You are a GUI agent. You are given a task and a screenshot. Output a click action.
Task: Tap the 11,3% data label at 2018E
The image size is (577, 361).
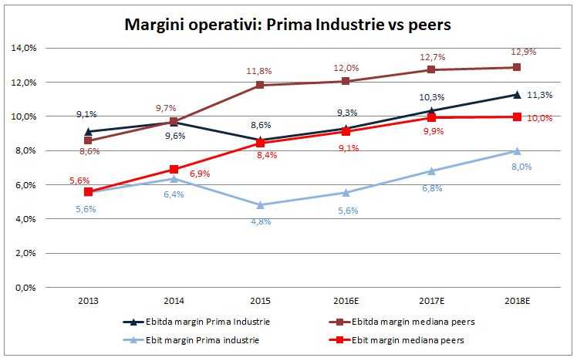point(538,96)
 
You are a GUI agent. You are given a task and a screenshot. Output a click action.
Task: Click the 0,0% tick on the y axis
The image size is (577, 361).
point(28,287)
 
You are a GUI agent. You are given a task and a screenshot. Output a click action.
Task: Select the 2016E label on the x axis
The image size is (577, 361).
point(346,301)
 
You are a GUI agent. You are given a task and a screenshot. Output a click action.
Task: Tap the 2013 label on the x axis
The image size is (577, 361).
point(89,301)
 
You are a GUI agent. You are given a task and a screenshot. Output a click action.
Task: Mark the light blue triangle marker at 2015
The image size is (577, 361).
point(260,205)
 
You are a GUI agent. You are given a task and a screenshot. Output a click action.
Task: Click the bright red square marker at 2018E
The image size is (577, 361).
point(517,116)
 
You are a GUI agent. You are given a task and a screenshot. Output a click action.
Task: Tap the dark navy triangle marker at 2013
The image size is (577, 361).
point(89,132)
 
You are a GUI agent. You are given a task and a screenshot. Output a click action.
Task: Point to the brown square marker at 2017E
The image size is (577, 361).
point(431,70)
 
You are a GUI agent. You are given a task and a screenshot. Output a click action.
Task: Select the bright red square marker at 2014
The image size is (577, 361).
point(174,169)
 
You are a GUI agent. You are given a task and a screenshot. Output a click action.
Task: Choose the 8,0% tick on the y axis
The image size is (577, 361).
point(28,150)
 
